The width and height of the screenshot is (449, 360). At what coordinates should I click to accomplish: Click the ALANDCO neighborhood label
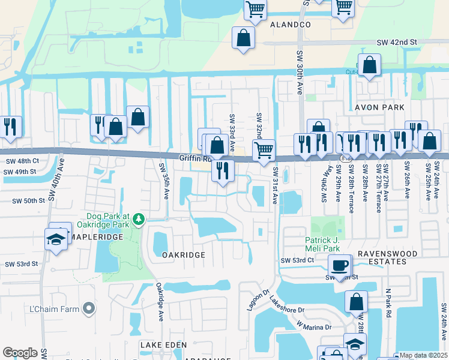291,25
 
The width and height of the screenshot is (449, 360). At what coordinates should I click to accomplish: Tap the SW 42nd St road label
397,42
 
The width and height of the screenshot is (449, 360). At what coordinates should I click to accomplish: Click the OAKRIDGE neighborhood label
184,255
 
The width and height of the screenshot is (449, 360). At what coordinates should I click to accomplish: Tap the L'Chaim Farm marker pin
89,309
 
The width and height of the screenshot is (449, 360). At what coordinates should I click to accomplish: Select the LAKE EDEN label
163,345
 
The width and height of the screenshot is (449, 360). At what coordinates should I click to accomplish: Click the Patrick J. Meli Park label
322,244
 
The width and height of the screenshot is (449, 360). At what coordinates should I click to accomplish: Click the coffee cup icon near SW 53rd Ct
339,265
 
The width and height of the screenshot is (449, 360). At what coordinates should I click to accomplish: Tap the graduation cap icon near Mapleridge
57,239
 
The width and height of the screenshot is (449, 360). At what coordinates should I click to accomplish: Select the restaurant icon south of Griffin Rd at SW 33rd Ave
223,170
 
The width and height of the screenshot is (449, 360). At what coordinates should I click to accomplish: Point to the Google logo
20,353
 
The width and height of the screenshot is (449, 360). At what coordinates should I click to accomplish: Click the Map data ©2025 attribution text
423,355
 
